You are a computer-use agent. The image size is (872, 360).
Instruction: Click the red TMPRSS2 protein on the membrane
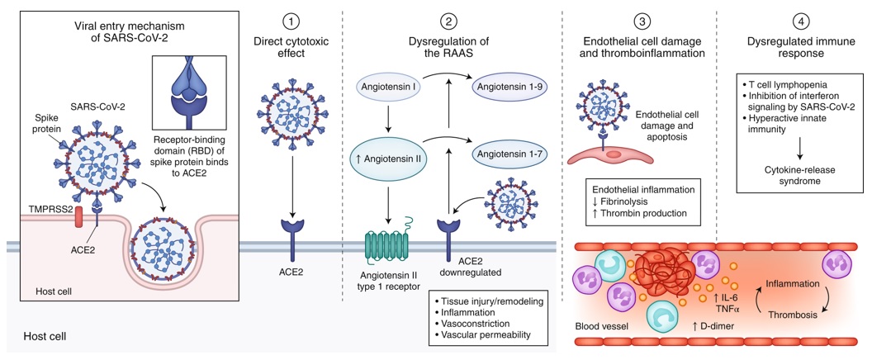click(x=79, y=217)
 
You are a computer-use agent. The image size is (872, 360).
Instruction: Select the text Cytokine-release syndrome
click(x=796, y=175)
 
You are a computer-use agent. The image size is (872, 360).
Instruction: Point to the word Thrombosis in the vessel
click(x=793, y=315)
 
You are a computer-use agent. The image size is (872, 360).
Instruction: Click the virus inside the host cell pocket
click(x=161, y=250)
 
